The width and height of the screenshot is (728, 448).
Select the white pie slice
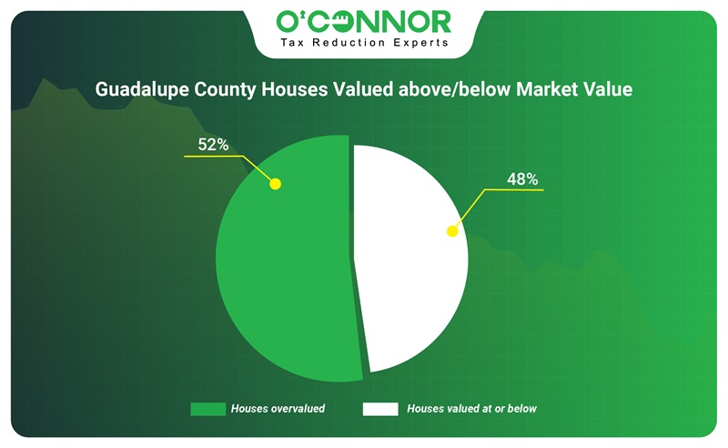tap(409, 258)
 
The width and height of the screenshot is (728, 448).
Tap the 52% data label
tap(213, 145)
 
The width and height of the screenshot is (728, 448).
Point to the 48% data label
tap(522, 178)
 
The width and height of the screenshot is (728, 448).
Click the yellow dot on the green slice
tap(276, 184)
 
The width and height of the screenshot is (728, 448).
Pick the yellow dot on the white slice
tap(452, 231)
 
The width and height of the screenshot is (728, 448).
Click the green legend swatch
tap(208, 409)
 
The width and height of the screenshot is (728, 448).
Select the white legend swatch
tap(380, 409)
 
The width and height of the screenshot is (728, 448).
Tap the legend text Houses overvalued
tap(278, 409)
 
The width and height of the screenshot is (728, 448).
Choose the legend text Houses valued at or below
tap(471, 409)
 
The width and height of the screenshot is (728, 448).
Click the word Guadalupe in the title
tap(142, 89)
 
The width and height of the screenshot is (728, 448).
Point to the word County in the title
tap(225, 89)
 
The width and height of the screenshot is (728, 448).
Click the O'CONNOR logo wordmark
tap(363, 21)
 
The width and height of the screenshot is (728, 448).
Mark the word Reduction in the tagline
tap(349, 43)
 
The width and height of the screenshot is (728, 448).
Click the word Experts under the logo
tap(420, 43)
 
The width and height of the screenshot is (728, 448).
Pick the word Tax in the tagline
tap(292, 43)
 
